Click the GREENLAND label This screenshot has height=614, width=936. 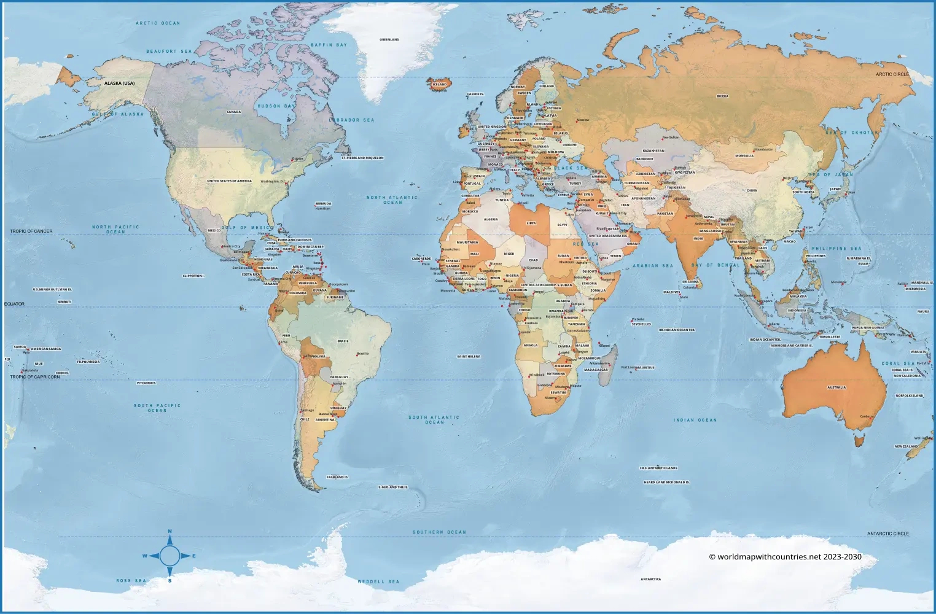tap(389, 39)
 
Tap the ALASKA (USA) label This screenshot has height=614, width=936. tap(119, 83)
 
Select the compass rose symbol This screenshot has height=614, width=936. tap(170, 556)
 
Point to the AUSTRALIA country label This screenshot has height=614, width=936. tap(836, 387)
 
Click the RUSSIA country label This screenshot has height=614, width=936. tap(722, 96)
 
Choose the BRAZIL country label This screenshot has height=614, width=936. tap(343, 341)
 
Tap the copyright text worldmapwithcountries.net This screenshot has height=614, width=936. tap(785, 557)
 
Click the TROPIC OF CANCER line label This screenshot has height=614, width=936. tap(31, 231)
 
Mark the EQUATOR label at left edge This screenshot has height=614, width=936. tap(15, 304)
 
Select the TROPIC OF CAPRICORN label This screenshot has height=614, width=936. tap(35, 377)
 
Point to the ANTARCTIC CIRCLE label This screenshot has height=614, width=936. tap(887, 534)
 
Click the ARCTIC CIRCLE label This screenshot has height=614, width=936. tap(892, 74)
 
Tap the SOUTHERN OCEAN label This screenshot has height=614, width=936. tap(439, 532)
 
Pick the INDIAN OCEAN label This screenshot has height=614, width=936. tap(695, 420)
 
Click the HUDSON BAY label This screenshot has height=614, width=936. tap(277, 106)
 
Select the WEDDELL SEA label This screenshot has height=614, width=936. tap(378, 581)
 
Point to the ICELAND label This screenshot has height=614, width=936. tap(440, 84)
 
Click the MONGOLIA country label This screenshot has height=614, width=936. tap(744, 155)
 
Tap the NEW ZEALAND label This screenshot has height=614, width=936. tap(906, 446)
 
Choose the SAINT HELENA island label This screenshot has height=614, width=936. tap(469, 356)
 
